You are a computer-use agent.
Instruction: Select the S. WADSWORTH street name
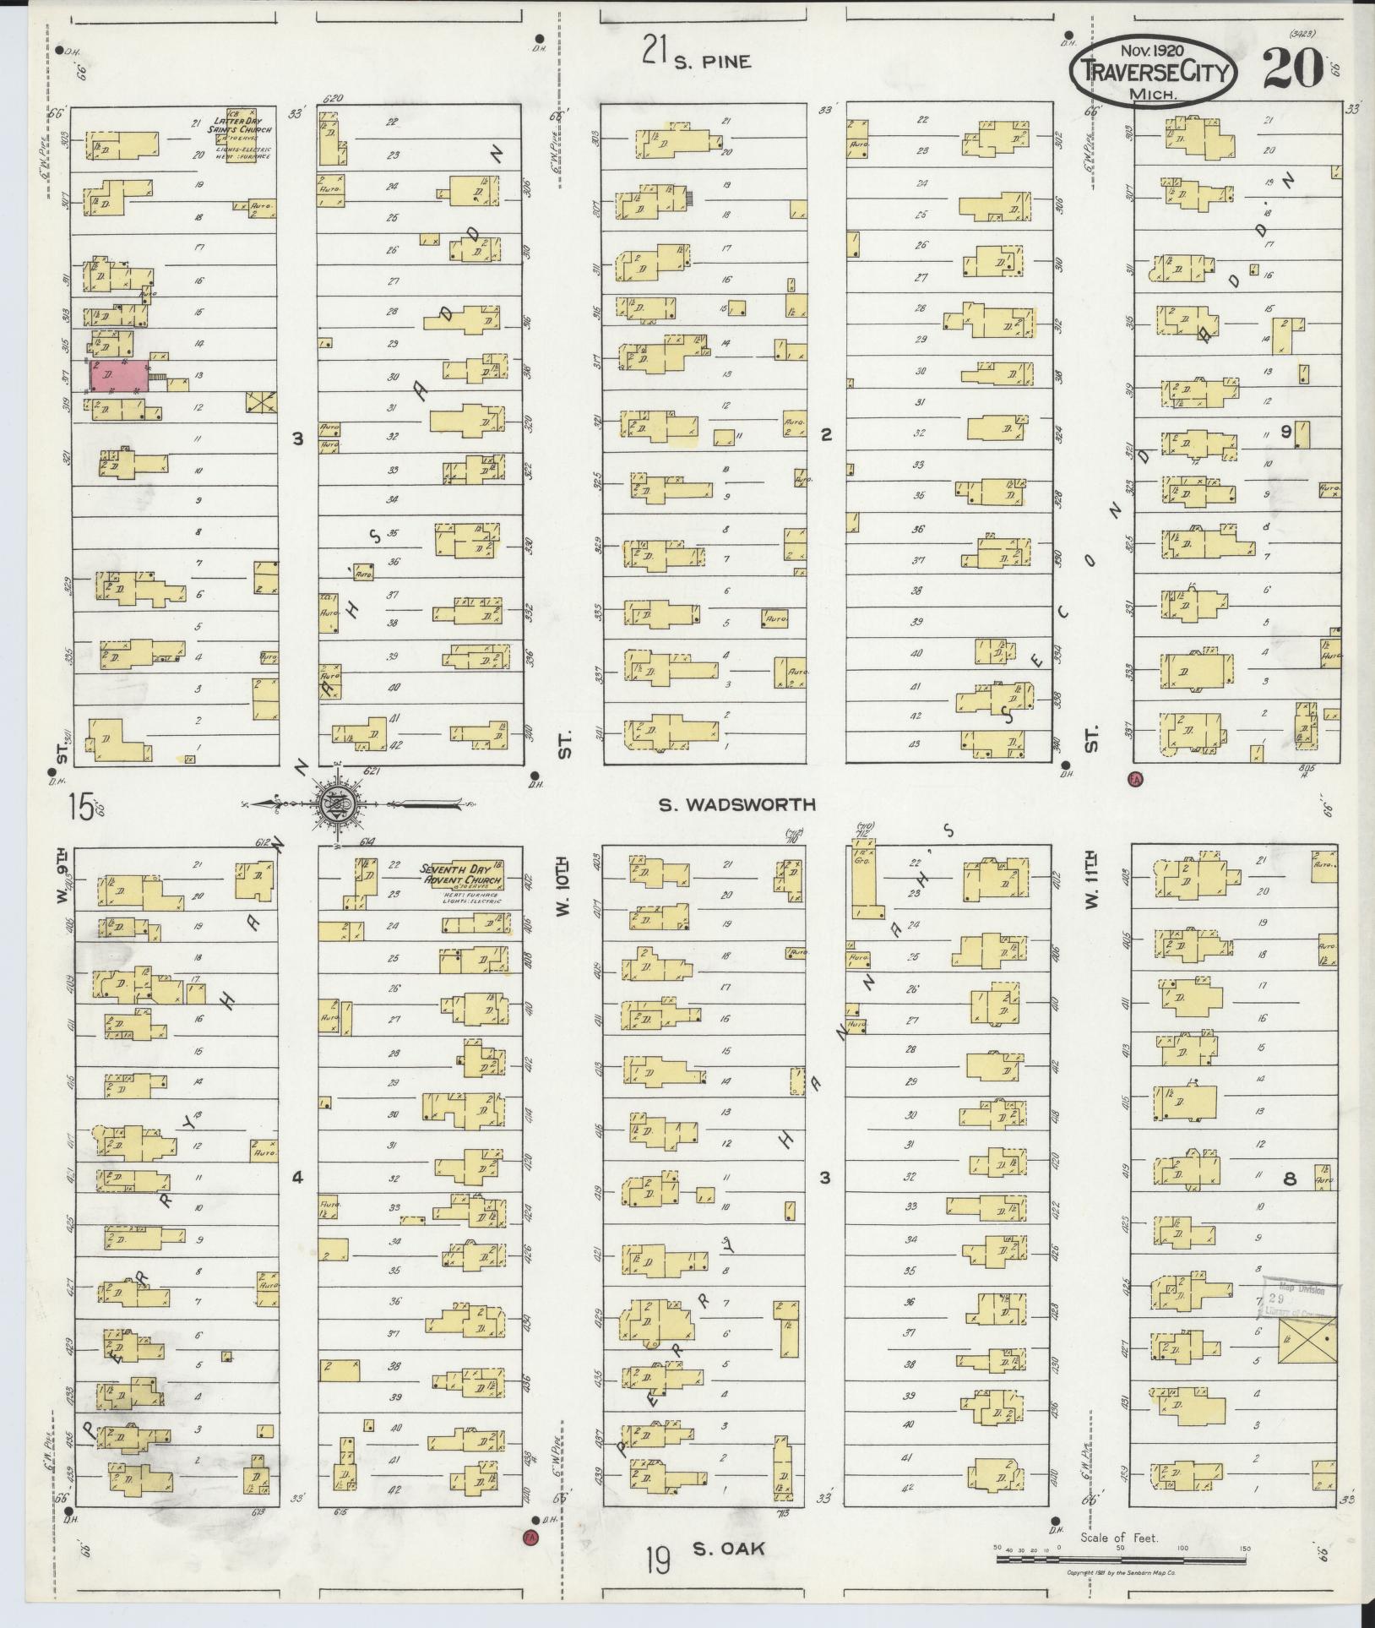point(737,804)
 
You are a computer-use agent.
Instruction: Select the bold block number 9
point(1285,432)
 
